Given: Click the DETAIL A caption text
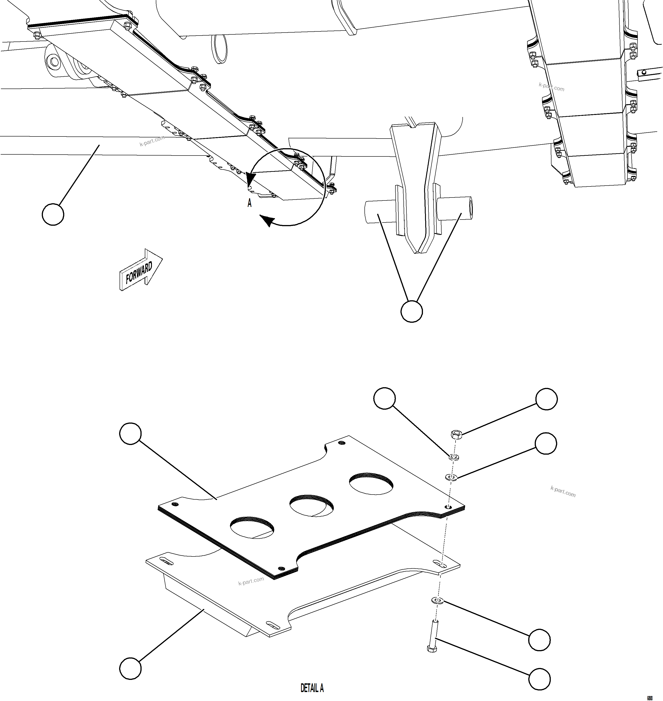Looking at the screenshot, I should click(312, 688).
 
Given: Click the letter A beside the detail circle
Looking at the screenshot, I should click(249, 203).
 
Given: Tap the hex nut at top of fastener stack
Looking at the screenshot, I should click(456, 434).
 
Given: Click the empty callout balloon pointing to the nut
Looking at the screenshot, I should click(546, 399).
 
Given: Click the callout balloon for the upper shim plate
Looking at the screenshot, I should click(130, 434).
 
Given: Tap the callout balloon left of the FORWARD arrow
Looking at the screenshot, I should click(53, 214).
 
